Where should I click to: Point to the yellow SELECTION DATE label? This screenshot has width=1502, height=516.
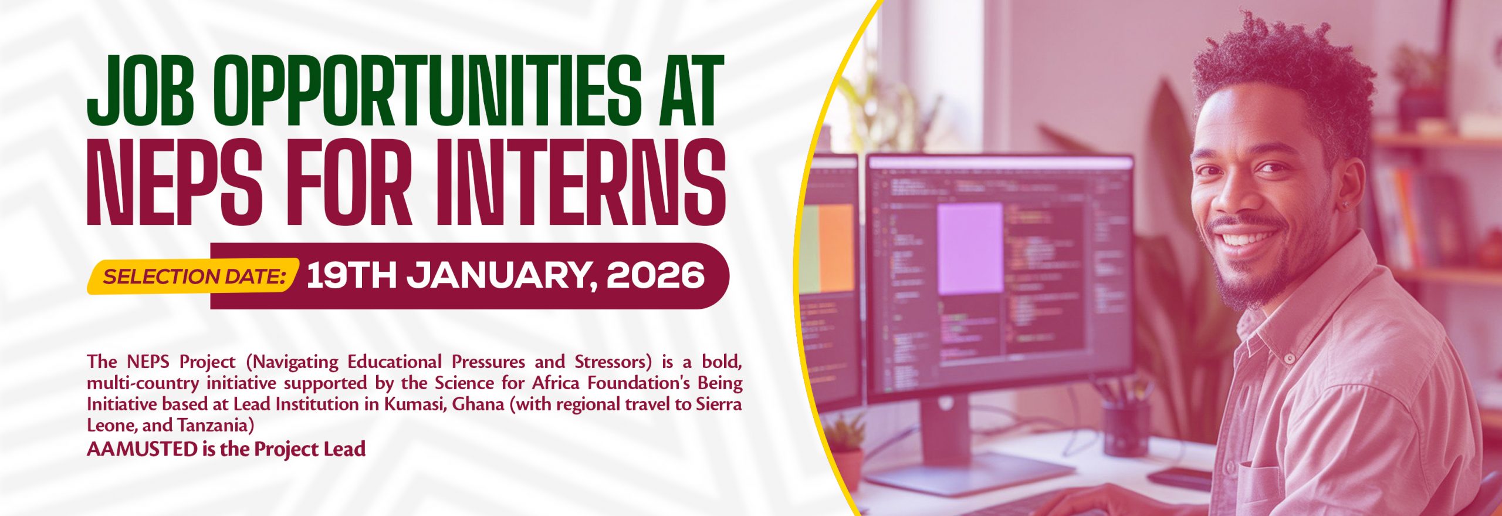[x=194, y=276]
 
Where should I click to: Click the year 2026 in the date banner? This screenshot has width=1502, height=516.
[x=655, y=275]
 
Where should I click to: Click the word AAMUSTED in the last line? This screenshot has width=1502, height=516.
[x=142, y=450]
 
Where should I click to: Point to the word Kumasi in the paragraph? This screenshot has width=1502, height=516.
[x=414, y=404]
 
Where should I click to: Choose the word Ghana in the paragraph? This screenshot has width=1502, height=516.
[x=478, y=404]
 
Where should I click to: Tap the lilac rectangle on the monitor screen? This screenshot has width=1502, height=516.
[x=970, y=248]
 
